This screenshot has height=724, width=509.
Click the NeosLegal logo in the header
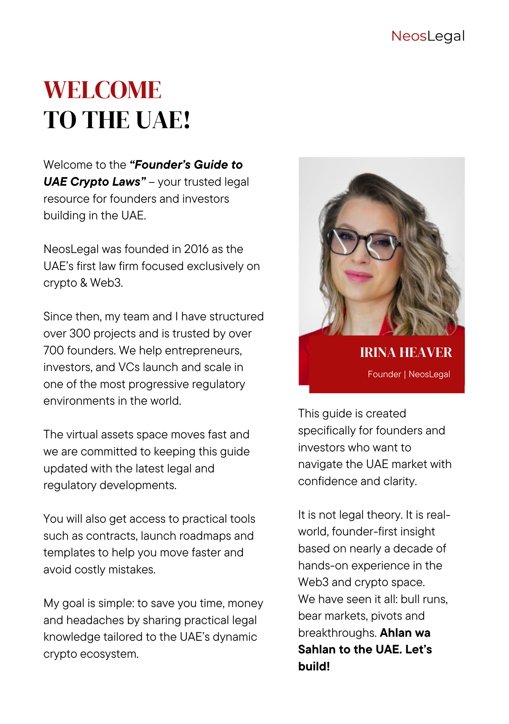428,36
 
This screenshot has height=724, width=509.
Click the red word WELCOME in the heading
102,90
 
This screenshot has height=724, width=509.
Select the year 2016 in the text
196,249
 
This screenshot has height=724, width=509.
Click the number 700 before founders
54,350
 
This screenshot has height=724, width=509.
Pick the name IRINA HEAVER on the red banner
406,352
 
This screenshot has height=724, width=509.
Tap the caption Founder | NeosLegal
409,374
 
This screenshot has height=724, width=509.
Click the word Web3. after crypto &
107,283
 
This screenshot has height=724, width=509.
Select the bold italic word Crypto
87,182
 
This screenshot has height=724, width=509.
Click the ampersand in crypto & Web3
84,283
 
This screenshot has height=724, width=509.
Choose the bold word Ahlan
396,633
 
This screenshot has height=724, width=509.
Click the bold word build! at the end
314,666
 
